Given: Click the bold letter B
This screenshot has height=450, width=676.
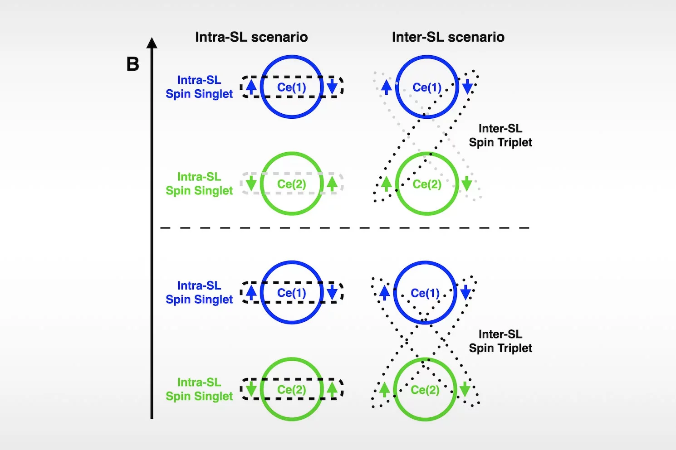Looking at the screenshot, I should (x=132, y=64).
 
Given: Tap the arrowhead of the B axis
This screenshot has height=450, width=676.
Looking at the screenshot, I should (x=152, y=43).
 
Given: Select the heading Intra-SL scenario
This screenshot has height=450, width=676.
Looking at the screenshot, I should (x=251, y=37).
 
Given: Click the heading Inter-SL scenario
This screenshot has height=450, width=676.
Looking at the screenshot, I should (x=448, y=37).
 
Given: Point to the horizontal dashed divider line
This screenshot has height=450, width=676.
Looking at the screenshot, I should (x=345, y=228).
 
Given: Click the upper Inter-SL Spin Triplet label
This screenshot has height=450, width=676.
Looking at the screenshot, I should (x=500, y=135).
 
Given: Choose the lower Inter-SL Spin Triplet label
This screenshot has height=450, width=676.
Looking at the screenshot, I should (x=500, y=341).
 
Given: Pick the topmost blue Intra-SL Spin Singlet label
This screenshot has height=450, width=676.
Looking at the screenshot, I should (x=199, y=87).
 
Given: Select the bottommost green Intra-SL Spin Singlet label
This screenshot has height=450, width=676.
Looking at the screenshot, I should (x=199, y=389).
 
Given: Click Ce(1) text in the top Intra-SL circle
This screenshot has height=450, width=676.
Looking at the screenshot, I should (x=292, y=87).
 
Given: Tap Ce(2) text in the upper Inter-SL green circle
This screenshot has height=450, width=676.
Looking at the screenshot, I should (x=427, y=184).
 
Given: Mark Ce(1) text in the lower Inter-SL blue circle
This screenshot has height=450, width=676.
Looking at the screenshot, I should (x=425, y=293).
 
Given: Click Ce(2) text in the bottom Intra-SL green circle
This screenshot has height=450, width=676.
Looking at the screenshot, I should (x=292, y=390).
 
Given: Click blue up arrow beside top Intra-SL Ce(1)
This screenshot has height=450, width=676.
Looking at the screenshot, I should (x=251, y=86).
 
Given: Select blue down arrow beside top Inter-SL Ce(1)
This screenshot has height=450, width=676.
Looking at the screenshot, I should (x=467, y=86).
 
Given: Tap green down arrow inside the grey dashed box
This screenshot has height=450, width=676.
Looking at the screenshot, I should (x=251, y=184).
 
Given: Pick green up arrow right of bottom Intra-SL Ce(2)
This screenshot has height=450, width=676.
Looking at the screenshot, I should (x=332, y=389).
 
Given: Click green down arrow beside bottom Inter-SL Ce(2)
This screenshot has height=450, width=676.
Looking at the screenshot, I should (x=465, y=389).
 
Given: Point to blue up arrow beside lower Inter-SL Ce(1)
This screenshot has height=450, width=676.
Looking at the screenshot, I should (x=384, y=292).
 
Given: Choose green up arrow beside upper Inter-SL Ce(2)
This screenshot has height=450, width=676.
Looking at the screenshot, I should (x=386, y=184).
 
